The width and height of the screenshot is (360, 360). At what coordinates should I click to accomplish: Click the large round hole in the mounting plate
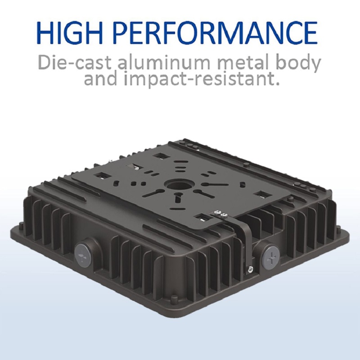177,184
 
